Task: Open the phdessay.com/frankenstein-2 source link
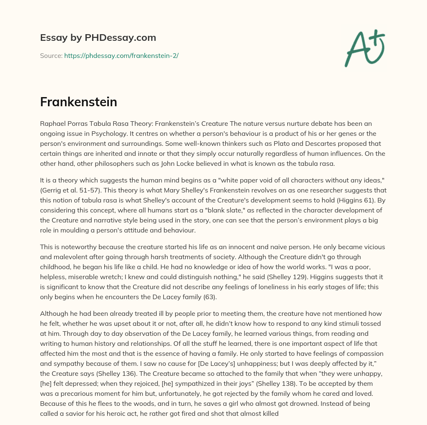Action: click(121, 55)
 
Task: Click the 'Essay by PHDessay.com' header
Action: click(98, 38)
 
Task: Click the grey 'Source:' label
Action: click(51, 55)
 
